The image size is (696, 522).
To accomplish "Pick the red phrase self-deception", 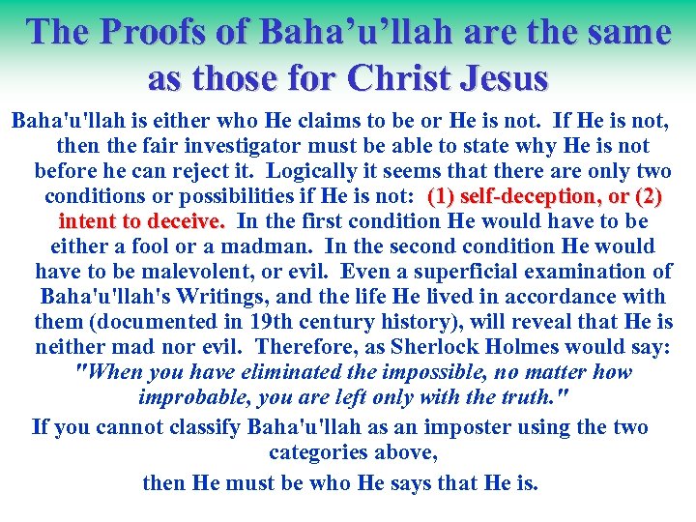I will tap(513, 197).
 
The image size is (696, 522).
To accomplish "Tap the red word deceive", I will tap(188, 222).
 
